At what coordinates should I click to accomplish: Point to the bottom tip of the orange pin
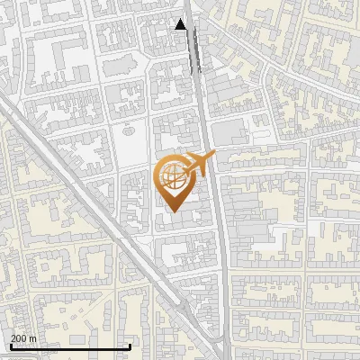point(172,211)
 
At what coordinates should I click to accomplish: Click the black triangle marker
point(181,24)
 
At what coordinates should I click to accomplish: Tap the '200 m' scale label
point(23,338)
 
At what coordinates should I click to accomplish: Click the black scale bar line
point(70,346)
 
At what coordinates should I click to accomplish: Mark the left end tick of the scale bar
point(11,346)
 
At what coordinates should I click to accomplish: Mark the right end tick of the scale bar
point(130,346)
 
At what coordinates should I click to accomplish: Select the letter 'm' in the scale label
point(32,338)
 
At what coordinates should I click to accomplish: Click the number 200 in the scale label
point(19,338)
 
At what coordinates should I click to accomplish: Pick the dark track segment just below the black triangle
point(193,54)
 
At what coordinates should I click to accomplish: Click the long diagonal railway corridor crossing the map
point(90,198)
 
